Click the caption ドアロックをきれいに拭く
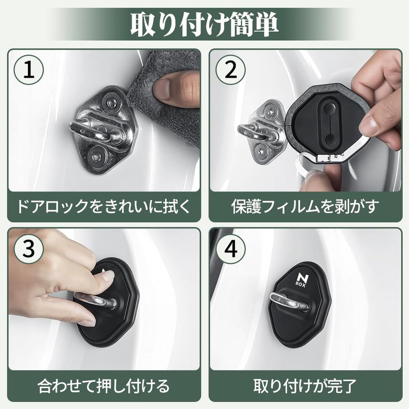coord(103,206)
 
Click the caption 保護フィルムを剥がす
coord(305,206)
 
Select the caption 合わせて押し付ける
coord(103,386)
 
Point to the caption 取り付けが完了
coord(305,386)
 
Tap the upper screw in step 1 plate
coord(111,103)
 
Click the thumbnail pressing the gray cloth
coord(163,89)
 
